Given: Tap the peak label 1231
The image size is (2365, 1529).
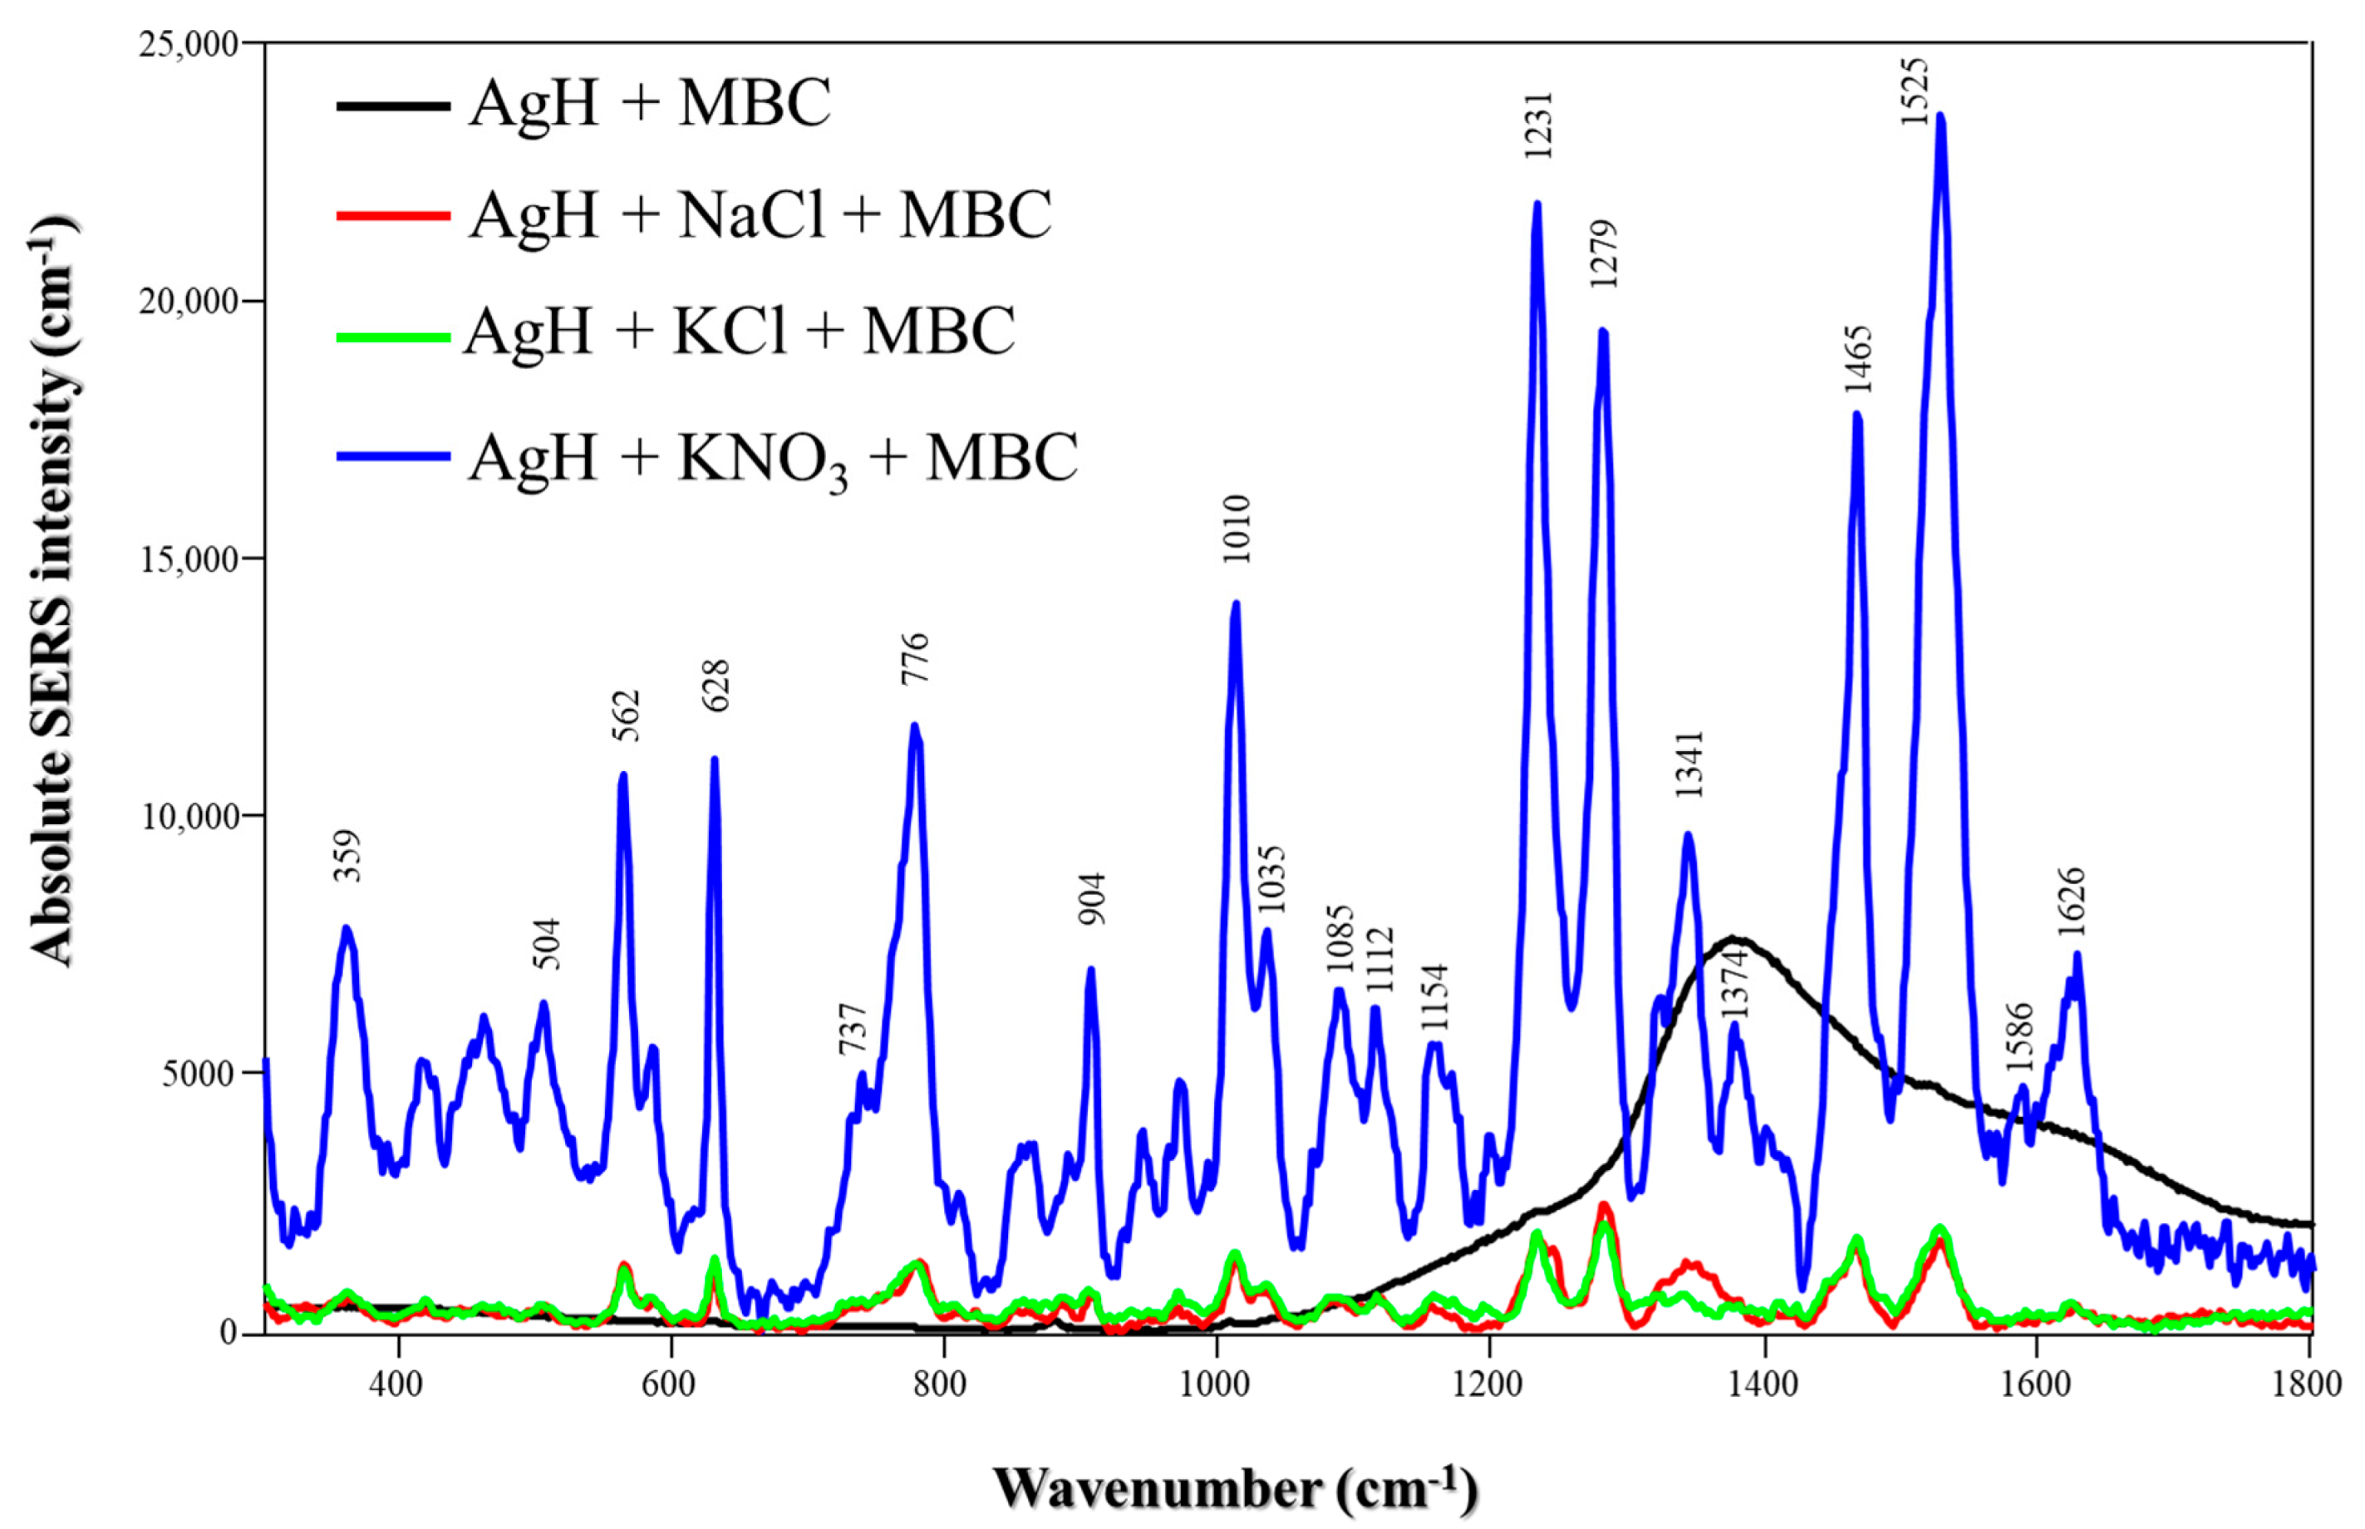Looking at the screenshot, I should [1538, 126].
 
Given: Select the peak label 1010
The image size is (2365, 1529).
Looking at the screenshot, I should [1237, 529].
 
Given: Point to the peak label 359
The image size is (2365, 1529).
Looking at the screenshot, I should [347, 856].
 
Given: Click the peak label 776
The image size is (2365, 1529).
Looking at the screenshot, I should [914, 658].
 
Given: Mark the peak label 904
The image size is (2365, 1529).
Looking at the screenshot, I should [1092, 898].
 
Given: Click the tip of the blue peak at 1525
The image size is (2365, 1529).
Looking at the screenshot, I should [1940, 116].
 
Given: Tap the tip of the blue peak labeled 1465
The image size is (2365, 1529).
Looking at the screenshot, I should [1856, 414].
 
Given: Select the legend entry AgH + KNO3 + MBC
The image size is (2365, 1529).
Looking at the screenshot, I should [773, 458].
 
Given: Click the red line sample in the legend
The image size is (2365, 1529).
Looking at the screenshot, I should [393, 215].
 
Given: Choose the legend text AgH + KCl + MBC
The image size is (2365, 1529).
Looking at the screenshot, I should [740, 331].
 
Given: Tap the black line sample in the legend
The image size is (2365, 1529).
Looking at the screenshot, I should [393, 104].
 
